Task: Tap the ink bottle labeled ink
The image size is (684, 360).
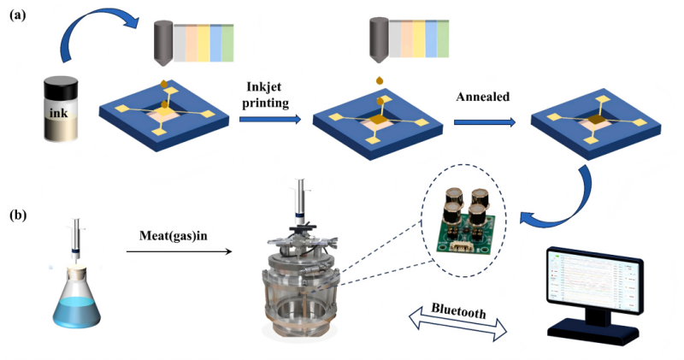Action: pyautogui.click(x=65, y=109)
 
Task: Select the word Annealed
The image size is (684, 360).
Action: pyautogui.click(x=483, y=97)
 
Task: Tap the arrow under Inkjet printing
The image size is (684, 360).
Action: pyautogui.click(x=270, y=121)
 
